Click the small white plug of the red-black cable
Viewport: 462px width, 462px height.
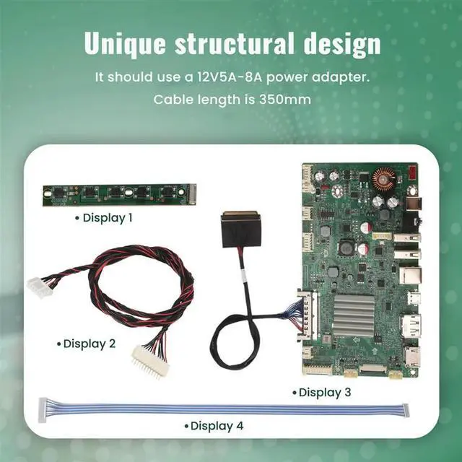pyautogui.click(x=38, y=287)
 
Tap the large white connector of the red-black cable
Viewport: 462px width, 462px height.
pyautogui.click(x=149, y=359)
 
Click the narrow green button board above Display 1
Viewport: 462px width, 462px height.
pyautogui.click(x=118, y=193)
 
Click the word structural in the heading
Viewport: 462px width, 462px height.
pyautogui.click(x=232, y=43)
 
